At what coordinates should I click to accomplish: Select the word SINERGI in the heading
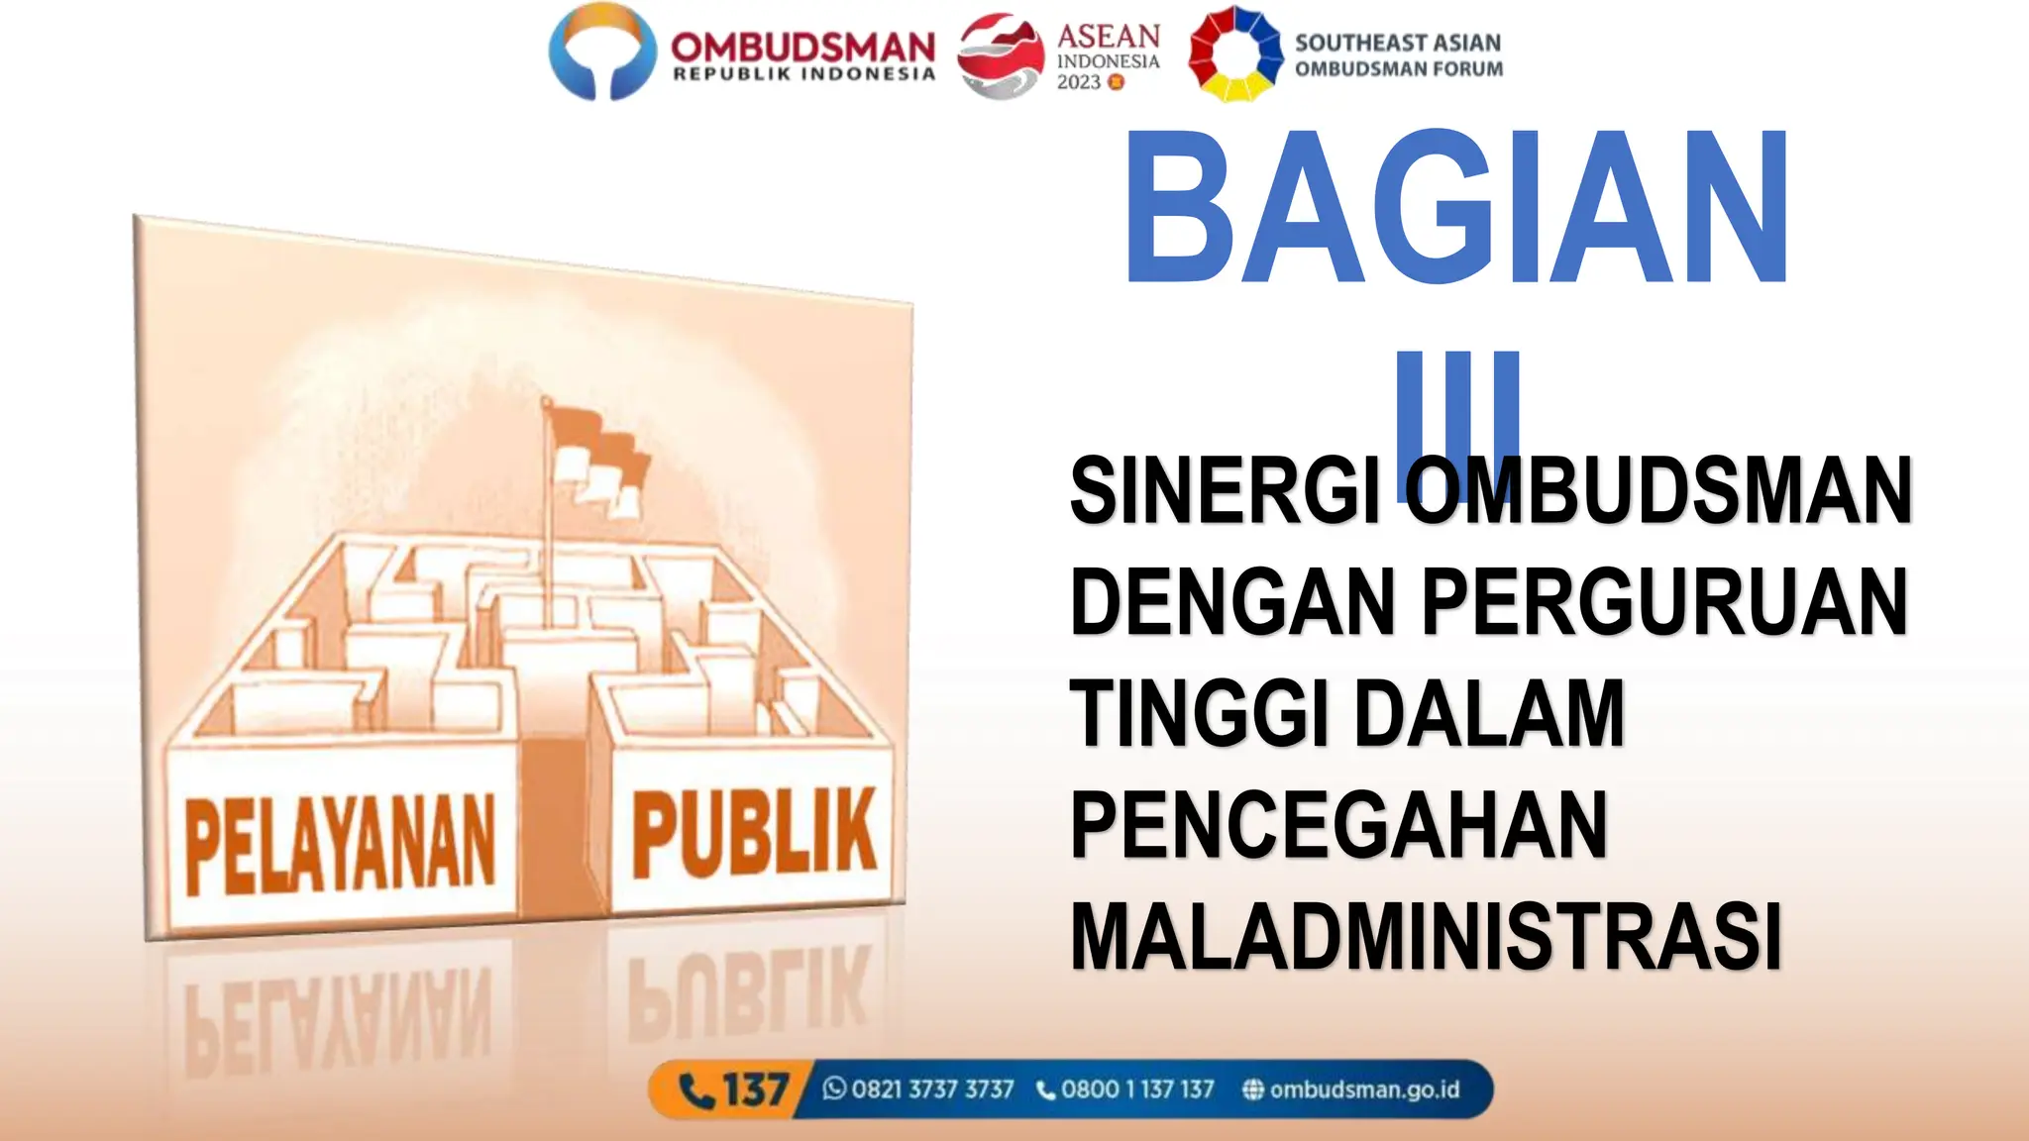point(1227,491)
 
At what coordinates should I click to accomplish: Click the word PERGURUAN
point(1664,602)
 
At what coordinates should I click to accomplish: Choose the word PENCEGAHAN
point(1337,825)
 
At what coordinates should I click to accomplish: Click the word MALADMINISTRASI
point(1427,937)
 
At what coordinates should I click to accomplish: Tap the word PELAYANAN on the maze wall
point(340,845)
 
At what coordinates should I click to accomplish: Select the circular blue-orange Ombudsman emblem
point(602,52)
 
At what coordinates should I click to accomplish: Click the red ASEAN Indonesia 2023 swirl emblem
point(1001,55)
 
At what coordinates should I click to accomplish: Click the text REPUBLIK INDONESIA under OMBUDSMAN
point(803,74)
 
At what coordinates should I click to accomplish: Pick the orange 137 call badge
point(734,1090)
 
